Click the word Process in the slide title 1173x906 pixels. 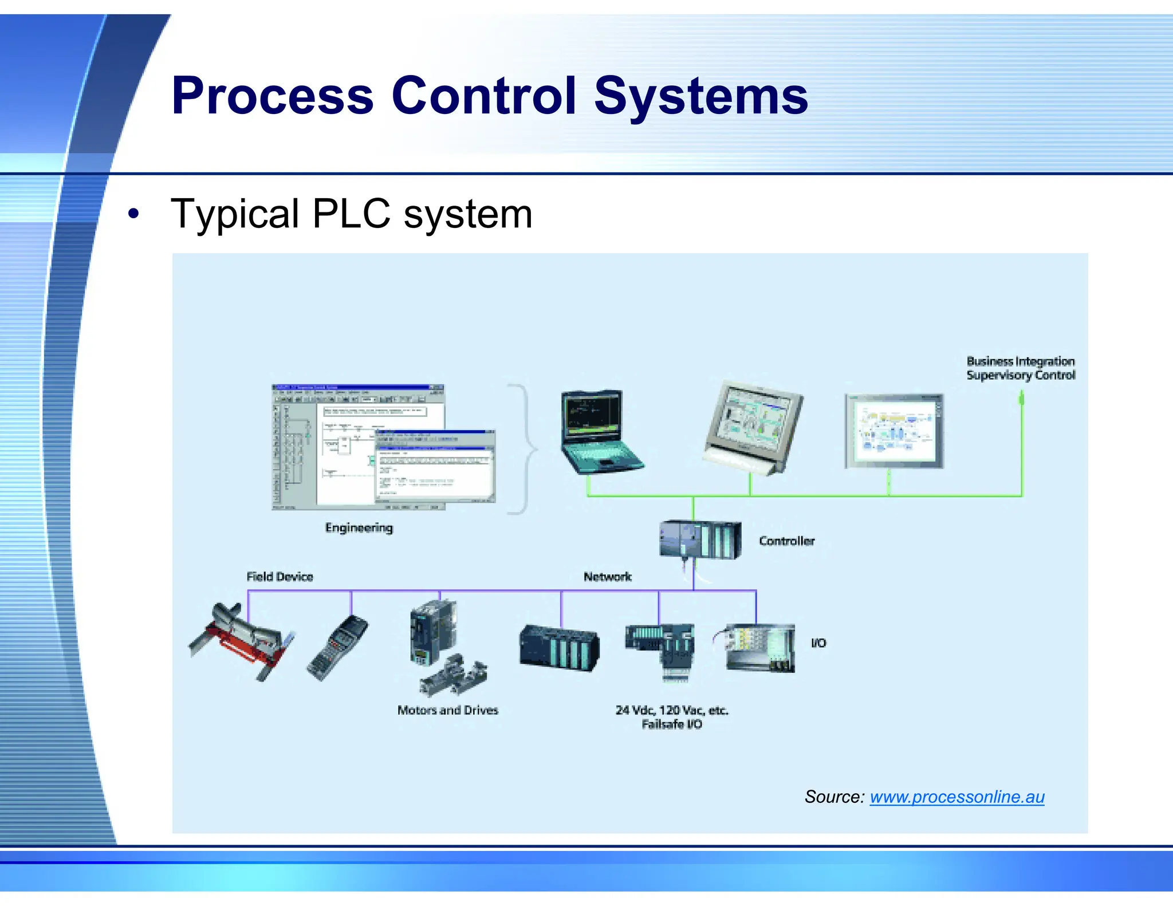point(273,96)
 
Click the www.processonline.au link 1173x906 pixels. point(956,797)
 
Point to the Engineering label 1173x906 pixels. point(359,527)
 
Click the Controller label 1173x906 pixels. point(786,541)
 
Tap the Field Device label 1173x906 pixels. point(280,577)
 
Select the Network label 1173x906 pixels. point(607,577)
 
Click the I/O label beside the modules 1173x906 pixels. point(818,643)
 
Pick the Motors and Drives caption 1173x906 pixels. point(448,710)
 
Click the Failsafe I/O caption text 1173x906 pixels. point(672,724)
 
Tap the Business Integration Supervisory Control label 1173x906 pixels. point(1020,368)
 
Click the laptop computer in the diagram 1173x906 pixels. point(599,432)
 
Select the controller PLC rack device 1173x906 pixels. point(700,539)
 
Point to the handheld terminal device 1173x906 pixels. point(338,647)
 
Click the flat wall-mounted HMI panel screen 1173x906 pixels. point(893,431)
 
